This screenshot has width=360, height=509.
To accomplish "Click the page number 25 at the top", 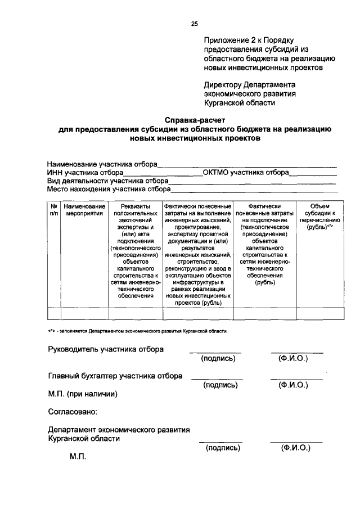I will tap(195, 24).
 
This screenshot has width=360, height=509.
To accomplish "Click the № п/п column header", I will tap(54, 210).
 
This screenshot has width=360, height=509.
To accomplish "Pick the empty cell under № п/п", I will tap(54, 314).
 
